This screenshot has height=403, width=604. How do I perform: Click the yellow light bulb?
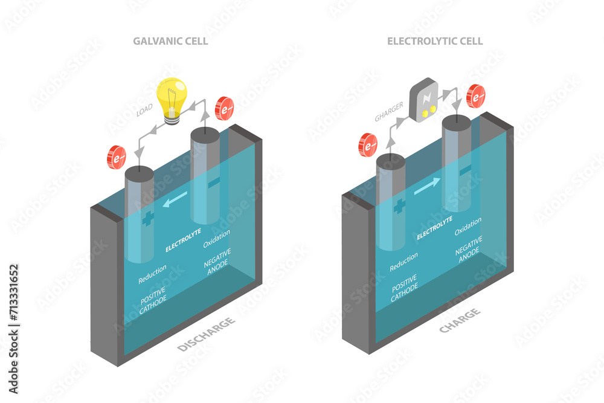pos(172,98)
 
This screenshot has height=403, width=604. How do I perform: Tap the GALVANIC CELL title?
pos(170,42)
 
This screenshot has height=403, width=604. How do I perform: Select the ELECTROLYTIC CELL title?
pos(435,42)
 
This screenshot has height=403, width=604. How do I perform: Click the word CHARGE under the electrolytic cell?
pos(460,321)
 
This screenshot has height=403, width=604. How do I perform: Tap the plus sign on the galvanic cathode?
pos(148,219)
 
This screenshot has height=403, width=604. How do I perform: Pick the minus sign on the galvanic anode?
pos(213,182)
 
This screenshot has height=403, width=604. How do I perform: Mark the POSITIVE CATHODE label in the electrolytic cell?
pos(403,287)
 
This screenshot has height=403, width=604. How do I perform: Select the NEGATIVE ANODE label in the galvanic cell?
pos(217,258)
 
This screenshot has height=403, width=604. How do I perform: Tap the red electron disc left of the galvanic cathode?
pos(117,157)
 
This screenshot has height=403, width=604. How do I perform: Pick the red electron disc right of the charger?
pos(476,96)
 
